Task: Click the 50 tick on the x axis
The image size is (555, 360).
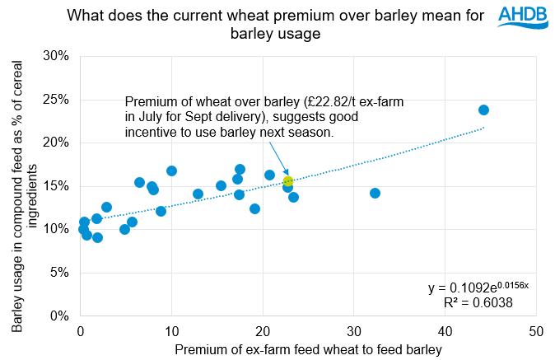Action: pyautogui.click(x=536, y=331)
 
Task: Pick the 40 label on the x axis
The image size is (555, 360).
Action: pyautogui.click(x=445, y=331)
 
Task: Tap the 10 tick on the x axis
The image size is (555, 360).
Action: pyautogui.click(x=171, y=331)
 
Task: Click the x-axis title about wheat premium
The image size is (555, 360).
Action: pyautogui.click(x=309, y=350)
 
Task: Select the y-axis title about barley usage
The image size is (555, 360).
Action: pyautogui.click(x=25, y=186)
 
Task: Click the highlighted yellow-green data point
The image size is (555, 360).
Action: pyautogui.click(x=288, y=181)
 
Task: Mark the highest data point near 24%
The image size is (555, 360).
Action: pyautogui.click(x=484, y=110)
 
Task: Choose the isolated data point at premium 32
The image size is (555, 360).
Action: pyautogui.click(x=375, y=193)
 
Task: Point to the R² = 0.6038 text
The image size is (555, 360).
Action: pyautogui.click(x=478, y=303)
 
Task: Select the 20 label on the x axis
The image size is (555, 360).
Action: pyautogui.click(x=263, y=331)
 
